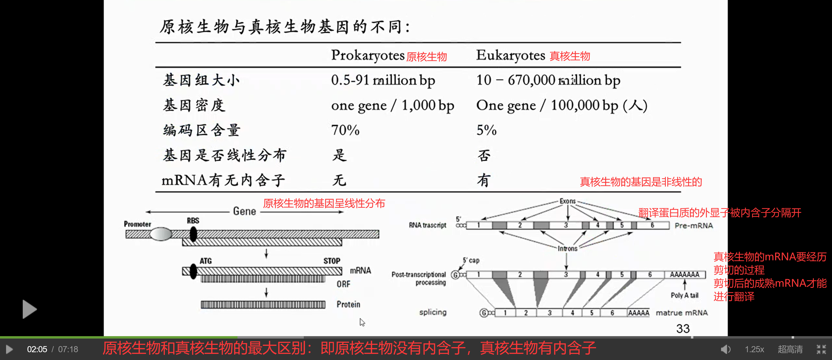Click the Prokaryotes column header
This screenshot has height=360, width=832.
[x=367, y=55]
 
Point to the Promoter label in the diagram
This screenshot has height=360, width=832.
[x=137, y=224]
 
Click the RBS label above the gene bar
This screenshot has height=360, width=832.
[x=193, y=221]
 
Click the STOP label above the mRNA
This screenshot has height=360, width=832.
[x=332, y=261]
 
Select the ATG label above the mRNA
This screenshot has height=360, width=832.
[x=205, y=261]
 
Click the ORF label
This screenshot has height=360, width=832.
[x=343, y=284]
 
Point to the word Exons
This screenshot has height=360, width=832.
[x=567, y=201]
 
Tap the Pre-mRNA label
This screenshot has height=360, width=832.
[x=693, y=226]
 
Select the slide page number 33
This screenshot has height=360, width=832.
[x=683, y=328]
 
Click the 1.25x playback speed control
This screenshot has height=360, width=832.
[x=754, y=349]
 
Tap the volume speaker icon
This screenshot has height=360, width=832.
[x=725, y=349]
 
